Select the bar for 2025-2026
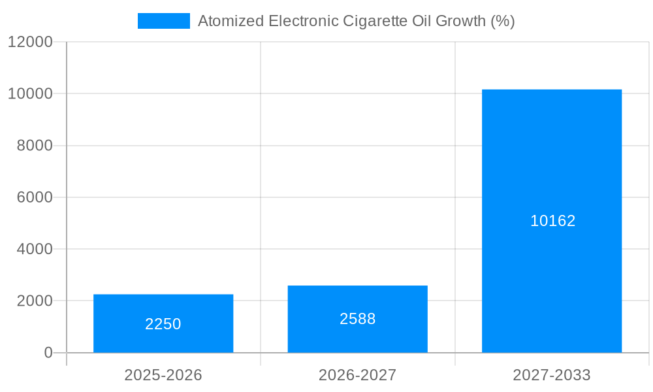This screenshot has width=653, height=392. [163, 307]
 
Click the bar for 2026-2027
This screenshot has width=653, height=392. [357, 301]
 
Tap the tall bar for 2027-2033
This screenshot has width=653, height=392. [552, 163]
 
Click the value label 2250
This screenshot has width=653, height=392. [163, 324]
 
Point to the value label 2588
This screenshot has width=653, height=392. [358, 319]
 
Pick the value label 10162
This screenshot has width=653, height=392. [552, 221]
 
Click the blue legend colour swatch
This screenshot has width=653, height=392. [164, 21]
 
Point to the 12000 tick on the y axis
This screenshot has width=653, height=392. [29, 42]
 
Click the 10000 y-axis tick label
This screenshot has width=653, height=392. [29, 93]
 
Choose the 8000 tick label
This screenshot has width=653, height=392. [34, 146]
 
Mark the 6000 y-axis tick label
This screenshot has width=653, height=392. [34, 197]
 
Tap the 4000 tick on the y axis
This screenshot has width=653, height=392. [34, 249]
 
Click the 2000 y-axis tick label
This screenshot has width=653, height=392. [34, 301]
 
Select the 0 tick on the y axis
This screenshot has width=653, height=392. [48, 353]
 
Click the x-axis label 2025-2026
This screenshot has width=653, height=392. [163, 375]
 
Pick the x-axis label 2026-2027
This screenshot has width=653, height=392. [357, 375]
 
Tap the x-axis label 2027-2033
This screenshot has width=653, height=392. [552, 375]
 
